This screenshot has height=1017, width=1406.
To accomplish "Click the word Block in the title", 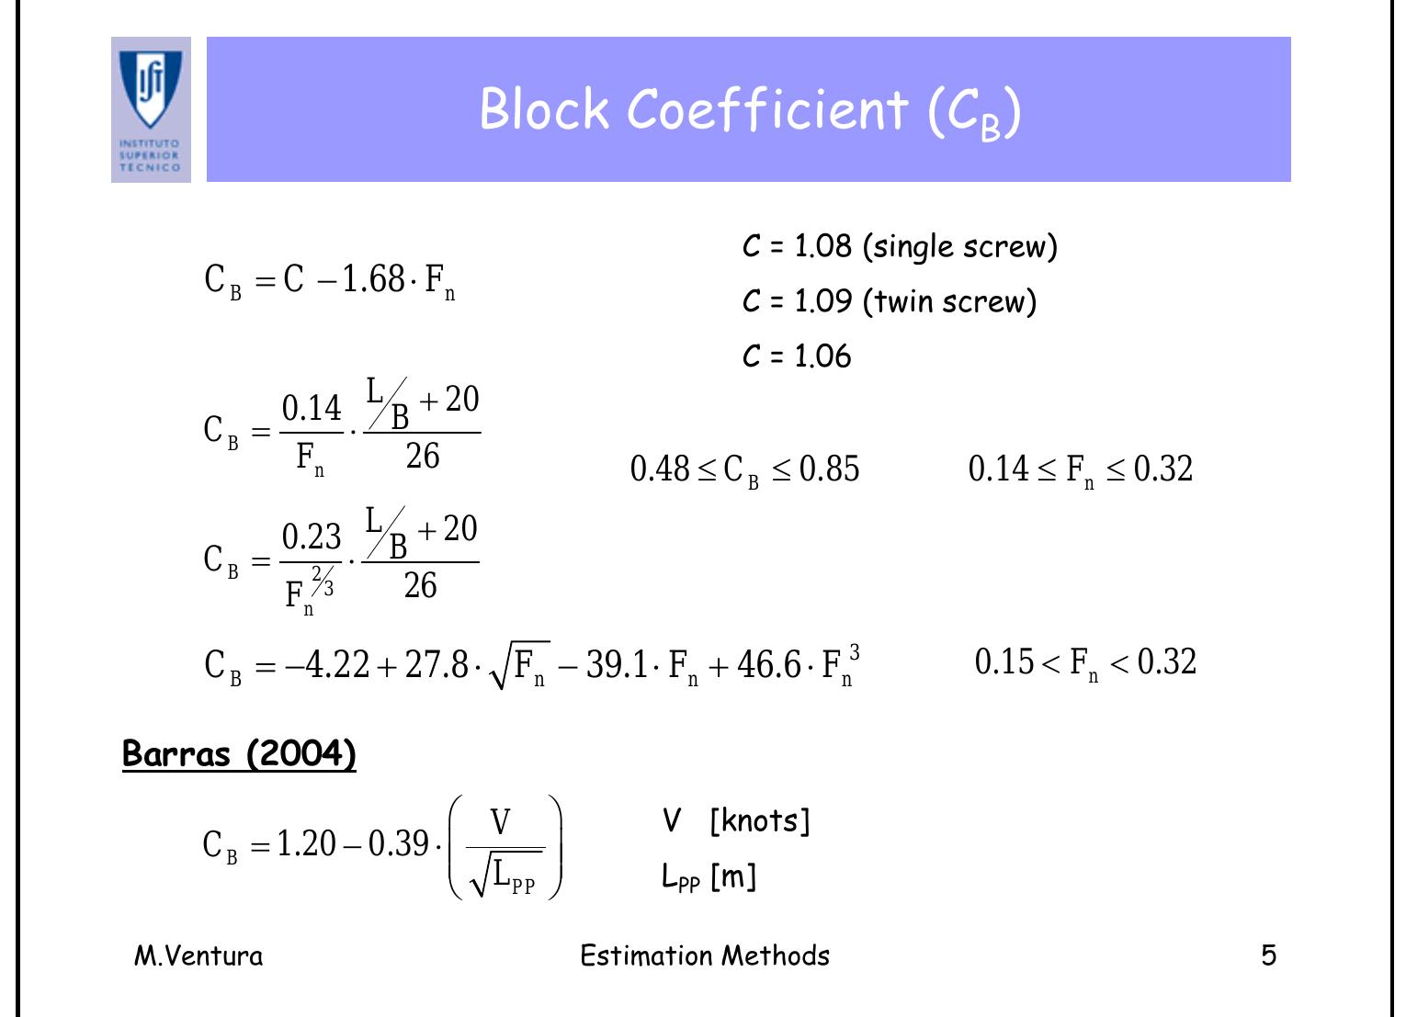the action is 544,109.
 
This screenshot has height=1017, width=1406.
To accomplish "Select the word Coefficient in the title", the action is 766,109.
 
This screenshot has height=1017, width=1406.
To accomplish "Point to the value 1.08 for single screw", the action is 822,245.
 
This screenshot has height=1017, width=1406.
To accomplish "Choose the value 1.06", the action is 822,356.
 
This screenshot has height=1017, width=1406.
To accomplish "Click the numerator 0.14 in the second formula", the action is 312,409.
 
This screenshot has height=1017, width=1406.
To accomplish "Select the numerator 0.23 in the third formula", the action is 312,537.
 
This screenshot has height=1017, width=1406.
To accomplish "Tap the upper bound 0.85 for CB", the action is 829,469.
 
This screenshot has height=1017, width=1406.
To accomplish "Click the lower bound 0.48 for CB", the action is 660,469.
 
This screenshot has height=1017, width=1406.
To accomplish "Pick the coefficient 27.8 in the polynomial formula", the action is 437,664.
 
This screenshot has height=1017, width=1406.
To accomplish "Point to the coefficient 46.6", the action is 769,664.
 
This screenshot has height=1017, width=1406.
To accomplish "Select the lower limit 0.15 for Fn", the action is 1004,661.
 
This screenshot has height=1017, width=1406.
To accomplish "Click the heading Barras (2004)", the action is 239,753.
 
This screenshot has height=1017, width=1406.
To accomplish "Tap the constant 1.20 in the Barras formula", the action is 307,843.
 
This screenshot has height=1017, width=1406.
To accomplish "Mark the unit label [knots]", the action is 760,820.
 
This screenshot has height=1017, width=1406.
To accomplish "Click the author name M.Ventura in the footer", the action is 198,955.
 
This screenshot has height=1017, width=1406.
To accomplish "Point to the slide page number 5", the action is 1268,955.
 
